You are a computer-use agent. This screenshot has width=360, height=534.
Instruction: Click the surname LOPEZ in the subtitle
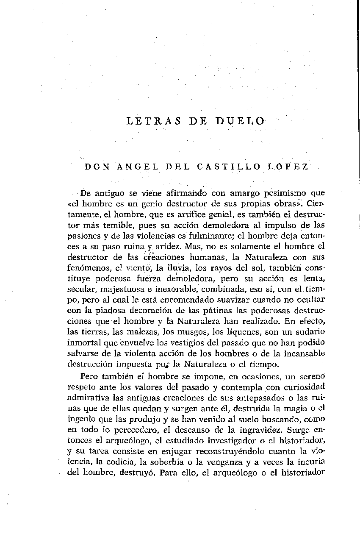[288, 167]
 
